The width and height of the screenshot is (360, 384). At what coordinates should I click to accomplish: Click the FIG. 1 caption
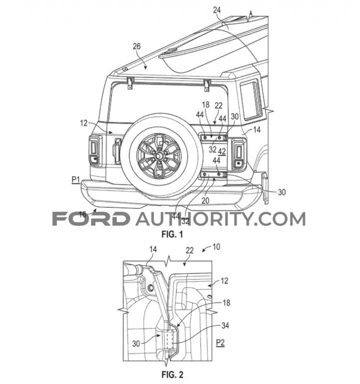[172, 235]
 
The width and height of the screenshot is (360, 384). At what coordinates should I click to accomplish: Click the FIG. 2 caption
[172, 374]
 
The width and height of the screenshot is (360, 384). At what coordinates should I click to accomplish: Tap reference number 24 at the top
[216, 11]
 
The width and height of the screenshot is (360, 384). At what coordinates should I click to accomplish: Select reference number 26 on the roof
[136, 46]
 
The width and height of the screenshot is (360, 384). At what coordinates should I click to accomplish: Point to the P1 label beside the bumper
[76, 180]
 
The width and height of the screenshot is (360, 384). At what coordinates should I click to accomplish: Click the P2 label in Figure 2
[220, 342]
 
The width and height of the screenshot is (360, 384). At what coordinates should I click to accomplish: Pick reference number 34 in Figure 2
[225, 325]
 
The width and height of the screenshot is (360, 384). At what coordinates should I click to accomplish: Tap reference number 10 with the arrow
[216, 247]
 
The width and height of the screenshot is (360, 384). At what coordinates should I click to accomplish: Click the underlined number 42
[221, 152]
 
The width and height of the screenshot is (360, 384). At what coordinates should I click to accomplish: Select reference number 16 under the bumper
[82, 215]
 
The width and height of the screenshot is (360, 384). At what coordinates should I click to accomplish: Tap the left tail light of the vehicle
[94, 151]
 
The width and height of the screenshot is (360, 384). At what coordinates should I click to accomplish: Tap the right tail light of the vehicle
[239, 154]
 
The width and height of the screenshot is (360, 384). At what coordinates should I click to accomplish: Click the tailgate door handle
[116, 151]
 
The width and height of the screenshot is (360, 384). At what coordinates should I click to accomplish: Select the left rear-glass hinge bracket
[130, 83]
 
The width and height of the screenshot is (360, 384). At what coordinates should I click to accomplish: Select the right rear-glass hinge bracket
[207, 86]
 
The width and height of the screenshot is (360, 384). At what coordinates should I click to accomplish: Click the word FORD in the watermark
[91, 219]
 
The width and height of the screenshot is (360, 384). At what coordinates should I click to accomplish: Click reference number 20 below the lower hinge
[205, 201]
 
